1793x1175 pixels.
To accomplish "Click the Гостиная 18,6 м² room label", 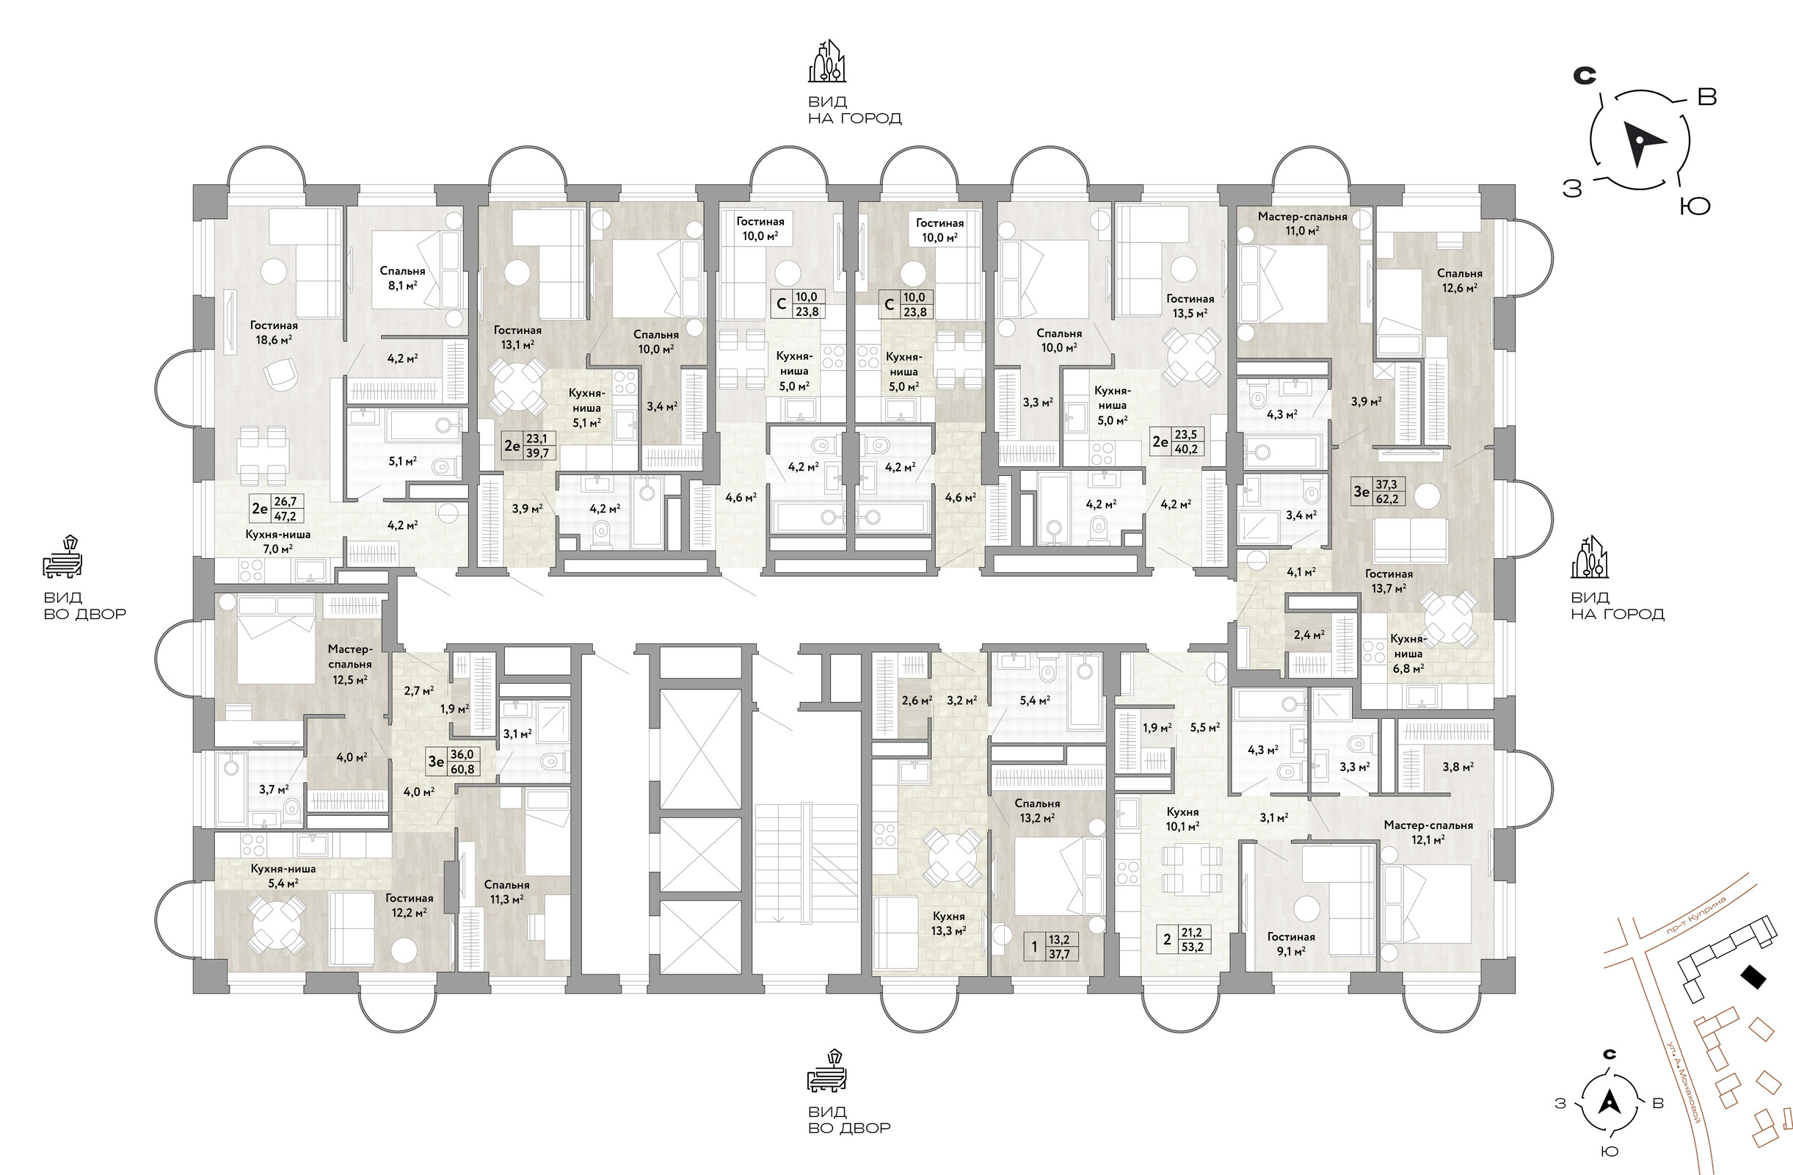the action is [274, 333].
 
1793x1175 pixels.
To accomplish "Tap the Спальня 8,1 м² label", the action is [402, 278].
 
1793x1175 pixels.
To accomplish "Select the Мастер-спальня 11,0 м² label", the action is [1303, 224].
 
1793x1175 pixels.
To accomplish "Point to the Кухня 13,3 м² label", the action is [948, 923].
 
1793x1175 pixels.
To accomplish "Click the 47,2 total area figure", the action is [285, 516].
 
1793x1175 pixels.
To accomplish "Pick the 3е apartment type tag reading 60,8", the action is [436, 762].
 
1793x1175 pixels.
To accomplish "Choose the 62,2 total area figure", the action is [1386, 498].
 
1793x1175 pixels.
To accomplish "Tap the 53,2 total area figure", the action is [1192, 947].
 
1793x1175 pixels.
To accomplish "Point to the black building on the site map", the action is [1754, 977].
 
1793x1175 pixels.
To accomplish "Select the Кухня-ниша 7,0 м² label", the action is [277, 541].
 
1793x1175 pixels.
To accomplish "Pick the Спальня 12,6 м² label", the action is [1459, 281].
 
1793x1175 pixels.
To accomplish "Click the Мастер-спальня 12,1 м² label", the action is [1428, 832].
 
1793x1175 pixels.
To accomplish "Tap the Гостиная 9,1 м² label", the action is [1290, 944].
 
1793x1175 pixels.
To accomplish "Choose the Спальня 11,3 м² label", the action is [506, 892].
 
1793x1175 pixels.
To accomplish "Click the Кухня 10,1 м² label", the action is [1182, 819].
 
